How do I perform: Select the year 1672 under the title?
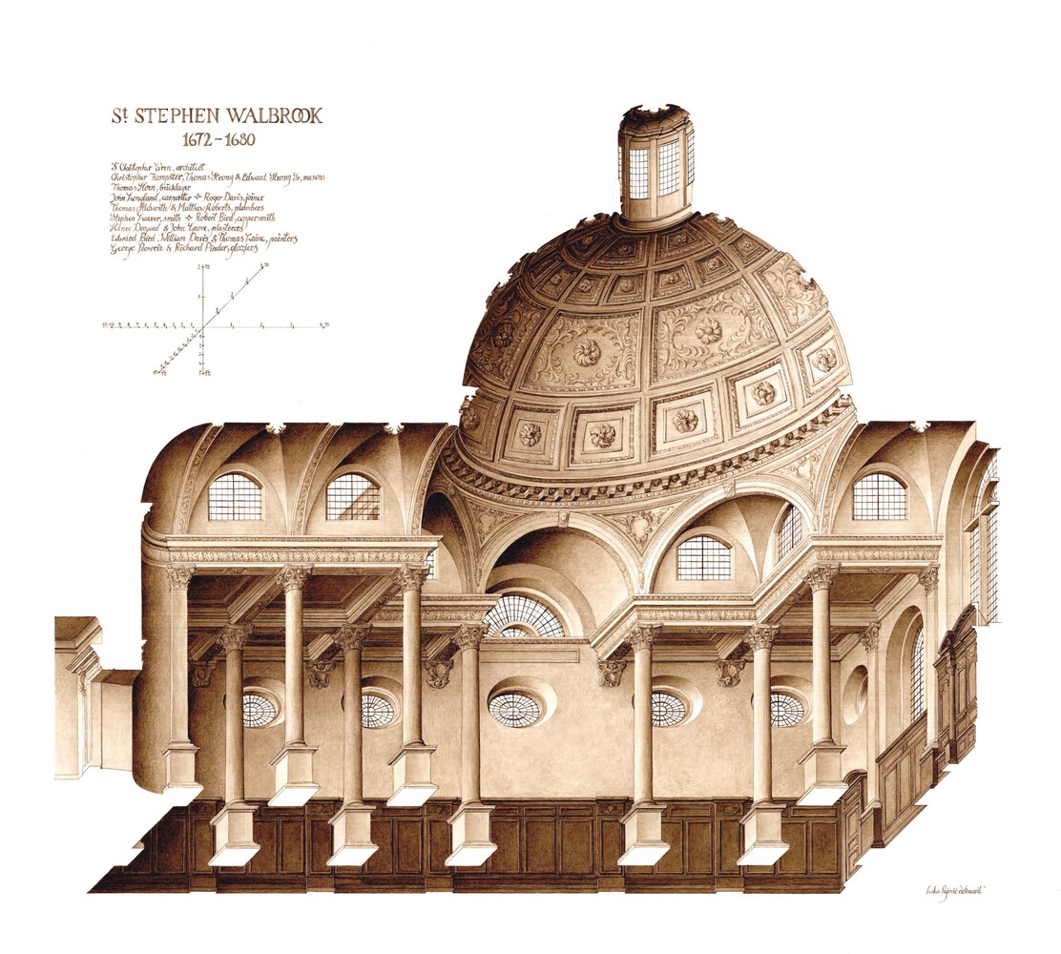pos(176,139)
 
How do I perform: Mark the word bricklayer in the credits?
pos(175,190)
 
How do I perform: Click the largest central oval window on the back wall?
pos(515,707)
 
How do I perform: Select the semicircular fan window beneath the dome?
pos(524,617)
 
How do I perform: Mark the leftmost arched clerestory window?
pos(235,496)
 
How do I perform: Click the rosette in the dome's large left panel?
pos(586,352)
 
